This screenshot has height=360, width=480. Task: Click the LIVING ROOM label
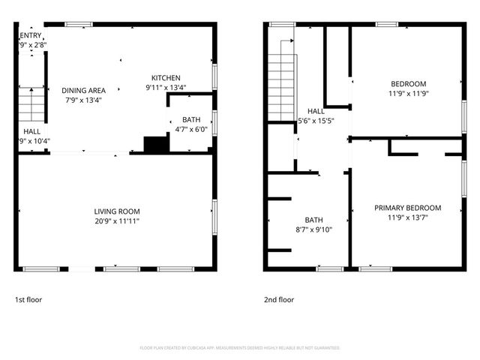(116, 211)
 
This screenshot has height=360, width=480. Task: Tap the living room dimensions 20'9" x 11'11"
(116, 221)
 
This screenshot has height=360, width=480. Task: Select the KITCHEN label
(166, 78)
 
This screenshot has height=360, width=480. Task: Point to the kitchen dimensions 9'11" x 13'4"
(166, 88)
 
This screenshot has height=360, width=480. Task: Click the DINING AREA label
(83, 90)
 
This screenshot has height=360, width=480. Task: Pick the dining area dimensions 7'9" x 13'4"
(83, 100)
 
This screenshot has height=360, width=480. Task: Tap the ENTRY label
(30, 35)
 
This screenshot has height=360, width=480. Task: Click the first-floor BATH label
(191, 120)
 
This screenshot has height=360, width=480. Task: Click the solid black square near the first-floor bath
(156, 144)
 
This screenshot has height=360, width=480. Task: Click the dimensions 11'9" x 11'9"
(408, 94)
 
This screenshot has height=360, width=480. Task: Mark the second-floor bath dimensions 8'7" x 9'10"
(313, 230)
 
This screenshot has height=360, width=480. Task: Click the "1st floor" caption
(28, 300)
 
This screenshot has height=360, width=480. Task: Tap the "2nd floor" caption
(279, 300)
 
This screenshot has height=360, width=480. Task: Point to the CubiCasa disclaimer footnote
(240, 348)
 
